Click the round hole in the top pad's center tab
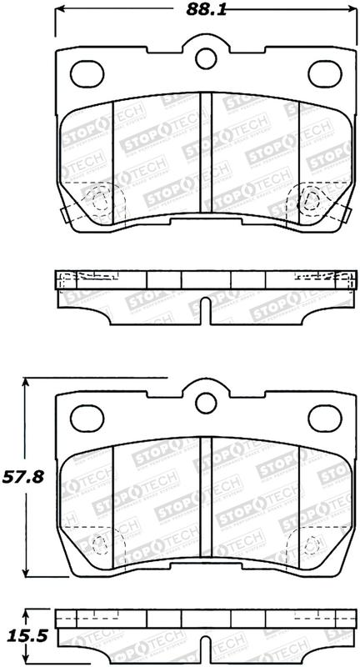(x=205, y=58)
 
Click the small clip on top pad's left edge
(x=64, y=215)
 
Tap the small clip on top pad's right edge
(x=345, y=215)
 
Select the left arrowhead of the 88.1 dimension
(x=62, y=11)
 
